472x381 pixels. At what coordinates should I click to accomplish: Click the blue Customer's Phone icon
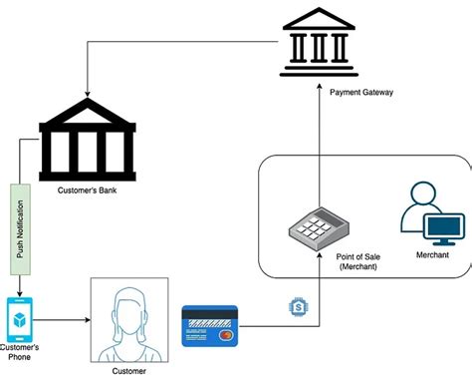18,317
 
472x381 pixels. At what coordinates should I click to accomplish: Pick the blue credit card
209,325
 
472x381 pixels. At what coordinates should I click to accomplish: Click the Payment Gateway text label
359,92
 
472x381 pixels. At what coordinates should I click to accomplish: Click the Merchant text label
432,256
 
